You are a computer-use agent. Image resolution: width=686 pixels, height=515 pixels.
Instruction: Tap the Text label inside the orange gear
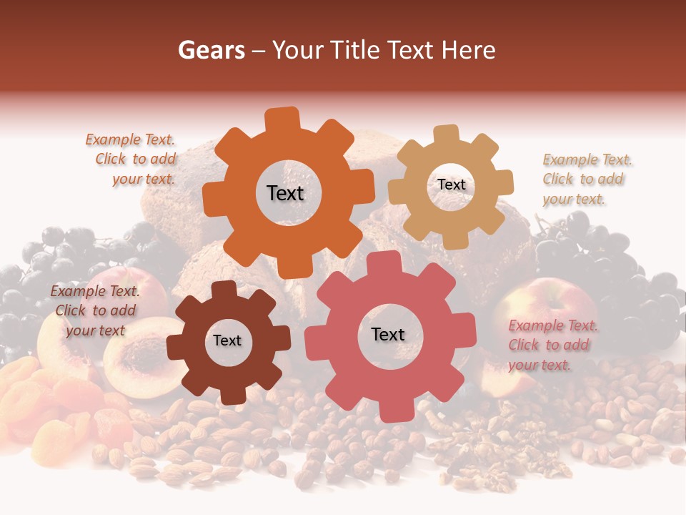pos(285,193)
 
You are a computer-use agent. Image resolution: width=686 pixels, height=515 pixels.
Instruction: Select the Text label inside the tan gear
pos(451,185)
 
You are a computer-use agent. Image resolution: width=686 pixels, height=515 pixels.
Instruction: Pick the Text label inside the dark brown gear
pos(227,341)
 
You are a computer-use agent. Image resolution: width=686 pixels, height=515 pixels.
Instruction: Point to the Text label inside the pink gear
pos(388,335)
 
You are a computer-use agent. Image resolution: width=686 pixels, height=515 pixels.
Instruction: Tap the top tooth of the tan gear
pos(445,133)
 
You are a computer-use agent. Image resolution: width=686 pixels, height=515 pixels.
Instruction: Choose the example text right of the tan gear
pos(586,179)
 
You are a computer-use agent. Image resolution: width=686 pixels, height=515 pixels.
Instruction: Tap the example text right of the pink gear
pos(552,345)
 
